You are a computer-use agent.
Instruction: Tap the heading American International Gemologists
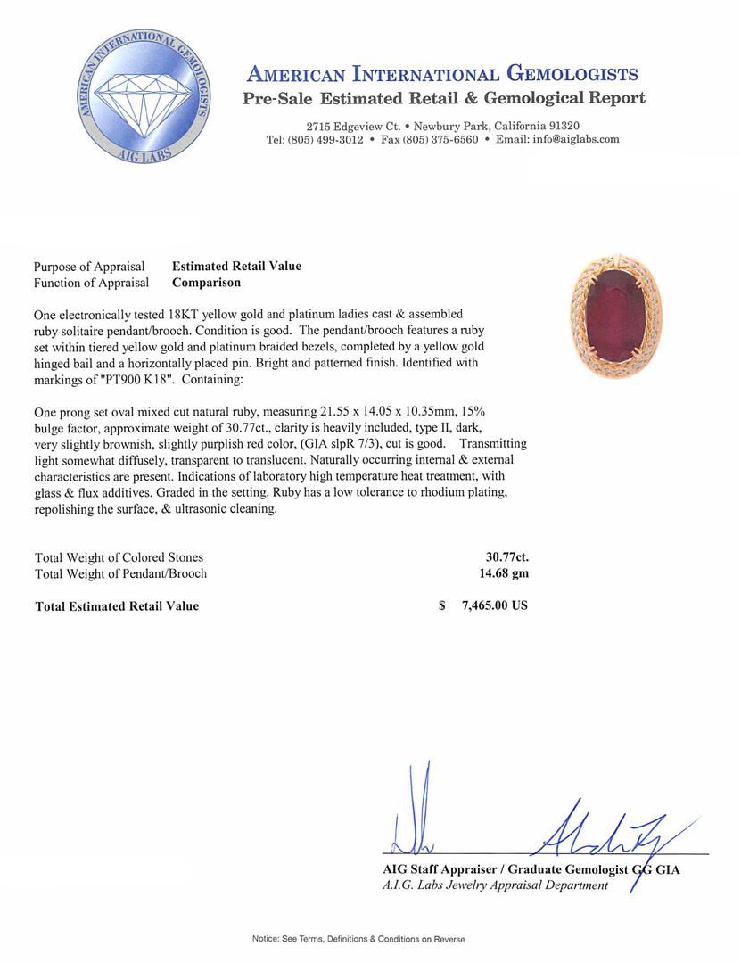pos(441,74)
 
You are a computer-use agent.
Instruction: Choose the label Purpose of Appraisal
pos(89,267)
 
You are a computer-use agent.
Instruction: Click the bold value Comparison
pos(206,283)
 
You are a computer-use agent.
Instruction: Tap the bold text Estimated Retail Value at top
pos(236,267)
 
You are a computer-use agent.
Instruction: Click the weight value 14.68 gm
pos(504,573)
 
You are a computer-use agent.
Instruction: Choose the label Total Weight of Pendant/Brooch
pos(120,573)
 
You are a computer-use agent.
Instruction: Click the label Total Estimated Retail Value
pos(117,606)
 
